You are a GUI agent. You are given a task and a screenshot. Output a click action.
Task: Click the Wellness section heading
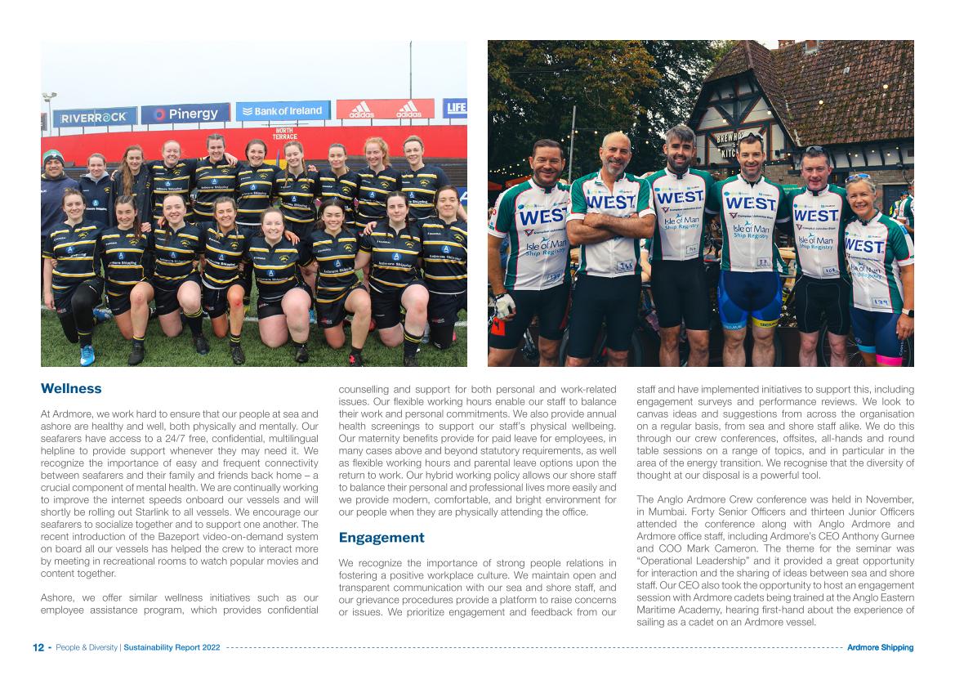coord(71,389)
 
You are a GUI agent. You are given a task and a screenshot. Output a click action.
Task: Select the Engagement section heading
coord(382,538)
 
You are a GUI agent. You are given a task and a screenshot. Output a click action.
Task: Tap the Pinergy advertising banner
coord(185,114)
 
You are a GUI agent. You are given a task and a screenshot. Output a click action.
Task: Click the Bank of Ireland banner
coord(283,111)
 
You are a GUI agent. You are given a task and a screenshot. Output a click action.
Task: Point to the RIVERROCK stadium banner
coord(95,118)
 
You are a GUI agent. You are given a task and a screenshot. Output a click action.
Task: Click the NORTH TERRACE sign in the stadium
coord(284,133)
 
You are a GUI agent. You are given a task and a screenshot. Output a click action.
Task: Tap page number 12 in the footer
coord(38,648)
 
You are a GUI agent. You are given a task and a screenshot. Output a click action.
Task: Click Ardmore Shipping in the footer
coord(880,648)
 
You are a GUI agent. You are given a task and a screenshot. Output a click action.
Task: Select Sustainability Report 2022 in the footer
coord(172,648)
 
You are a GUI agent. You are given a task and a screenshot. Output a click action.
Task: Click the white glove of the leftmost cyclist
coord(505,305)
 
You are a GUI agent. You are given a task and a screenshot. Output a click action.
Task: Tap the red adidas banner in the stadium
coord(385,110)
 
